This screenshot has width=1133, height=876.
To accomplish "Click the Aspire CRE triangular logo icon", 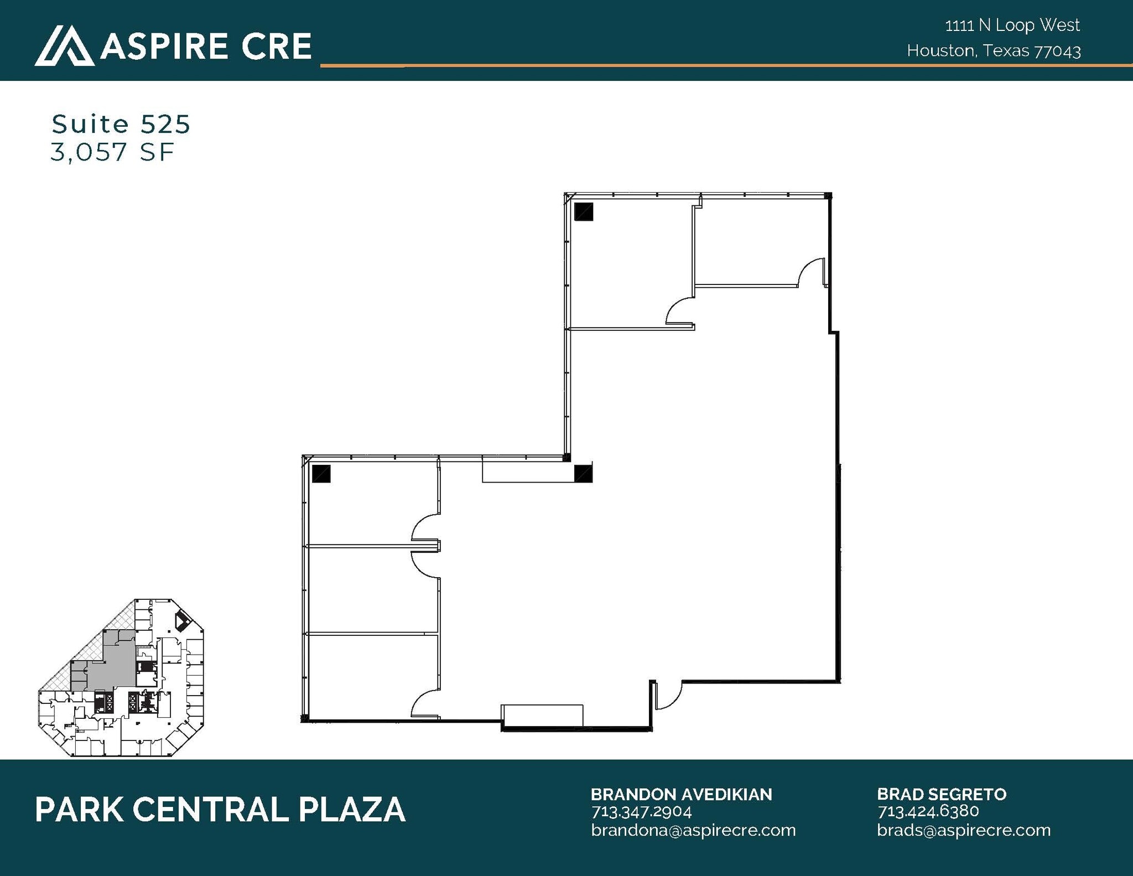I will pyautogui.click(x=64, y=46).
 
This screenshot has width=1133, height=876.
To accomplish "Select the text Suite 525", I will pyautogui.click(x=121, y=124).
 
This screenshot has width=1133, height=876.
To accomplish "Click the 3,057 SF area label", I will pyautogui.click(x=112, y=152).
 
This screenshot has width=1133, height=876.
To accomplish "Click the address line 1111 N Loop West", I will pyautogui.click(x=1012, y=25).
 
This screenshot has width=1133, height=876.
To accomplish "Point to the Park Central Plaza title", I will pyautogui.click(x=220, y=810).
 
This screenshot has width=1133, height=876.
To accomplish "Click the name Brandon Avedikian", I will pyautogui.click(x=681, y=795).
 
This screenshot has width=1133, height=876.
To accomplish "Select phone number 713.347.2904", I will pyautogui.click(x=641, y=812).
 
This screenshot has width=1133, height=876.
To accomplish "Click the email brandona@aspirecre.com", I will pyautogui.click(x=693, y=830).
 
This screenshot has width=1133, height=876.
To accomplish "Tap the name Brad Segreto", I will pyautogui.click(x=941, y=795).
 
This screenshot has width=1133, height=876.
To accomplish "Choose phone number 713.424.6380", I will pyautogui.click(x=928, y=811).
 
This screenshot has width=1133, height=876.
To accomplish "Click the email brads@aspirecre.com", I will pyautogui.click(x=963, y=830).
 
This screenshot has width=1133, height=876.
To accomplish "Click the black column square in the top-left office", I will pyautogui.click(x=583, y=212).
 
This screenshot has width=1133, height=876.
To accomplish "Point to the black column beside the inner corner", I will pyautogui.click(x=583, y=474).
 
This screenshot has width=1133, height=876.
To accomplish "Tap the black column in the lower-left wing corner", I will pyautogui.click(x=321, y=474).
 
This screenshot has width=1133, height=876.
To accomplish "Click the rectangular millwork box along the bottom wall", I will pyautogui.click(x=542, y=714).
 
